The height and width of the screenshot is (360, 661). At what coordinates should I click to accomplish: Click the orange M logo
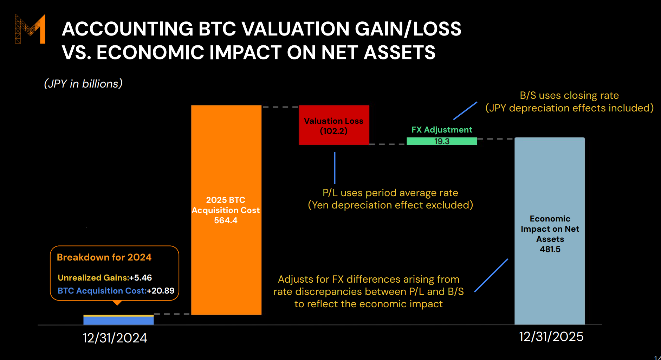(31, 29)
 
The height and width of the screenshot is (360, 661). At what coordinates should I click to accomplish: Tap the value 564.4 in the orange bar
(226, 220)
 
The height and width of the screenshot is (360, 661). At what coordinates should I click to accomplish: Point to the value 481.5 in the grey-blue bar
(550, 249)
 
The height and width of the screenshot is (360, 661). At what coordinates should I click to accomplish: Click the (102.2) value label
(333, 131)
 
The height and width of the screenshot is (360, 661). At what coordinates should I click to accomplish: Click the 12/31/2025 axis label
(551, 336)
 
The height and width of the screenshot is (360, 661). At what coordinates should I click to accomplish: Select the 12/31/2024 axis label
(115, 338)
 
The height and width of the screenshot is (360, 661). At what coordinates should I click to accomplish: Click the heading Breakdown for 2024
(104, 257)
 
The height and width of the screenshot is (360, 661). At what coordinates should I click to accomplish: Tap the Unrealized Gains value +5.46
(141, 278)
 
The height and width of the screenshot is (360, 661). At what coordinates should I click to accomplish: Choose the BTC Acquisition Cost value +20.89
(161, 291)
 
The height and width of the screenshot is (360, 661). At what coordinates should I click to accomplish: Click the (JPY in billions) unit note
(83, 84)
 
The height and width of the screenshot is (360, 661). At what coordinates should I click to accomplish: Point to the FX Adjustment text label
(442, 130)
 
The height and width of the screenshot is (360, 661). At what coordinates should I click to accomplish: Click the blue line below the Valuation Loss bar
(335, 168)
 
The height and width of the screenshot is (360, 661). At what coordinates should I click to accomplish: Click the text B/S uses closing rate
(569, 95)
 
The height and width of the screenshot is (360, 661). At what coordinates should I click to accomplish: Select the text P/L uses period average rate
(390, 193)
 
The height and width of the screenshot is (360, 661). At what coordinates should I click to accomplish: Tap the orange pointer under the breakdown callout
(117, 303)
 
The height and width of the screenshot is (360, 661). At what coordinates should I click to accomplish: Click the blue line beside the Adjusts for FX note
(491, 275)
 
